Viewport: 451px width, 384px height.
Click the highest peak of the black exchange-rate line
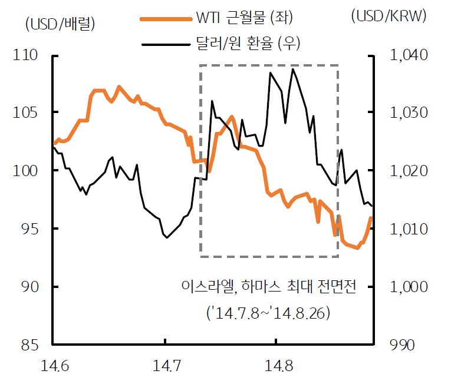point(292,69)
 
